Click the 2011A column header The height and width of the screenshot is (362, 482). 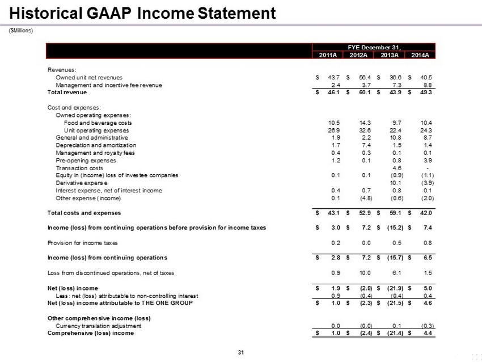[328, 54]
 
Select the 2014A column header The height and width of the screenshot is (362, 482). [420, 54]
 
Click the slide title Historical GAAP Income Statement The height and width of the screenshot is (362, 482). [143, 13]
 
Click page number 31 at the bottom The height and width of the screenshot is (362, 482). [240, 353]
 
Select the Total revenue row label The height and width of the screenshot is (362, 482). [66, 92]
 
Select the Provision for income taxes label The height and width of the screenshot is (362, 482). [82, 243]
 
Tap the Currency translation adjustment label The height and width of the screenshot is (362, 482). [99, 326]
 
